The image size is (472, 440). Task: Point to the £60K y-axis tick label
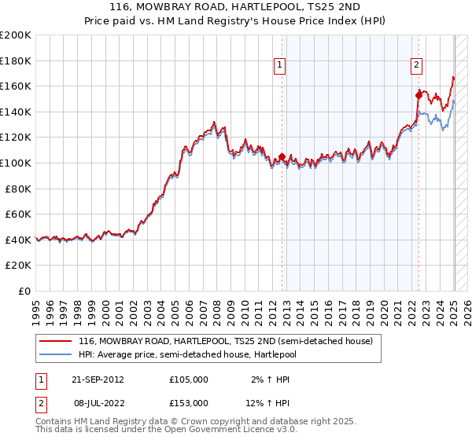18,214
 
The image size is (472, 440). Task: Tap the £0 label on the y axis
25,291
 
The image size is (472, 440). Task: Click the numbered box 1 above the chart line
280,66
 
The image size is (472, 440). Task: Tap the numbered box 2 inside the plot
416,66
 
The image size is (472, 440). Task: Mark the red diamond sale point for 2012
282,156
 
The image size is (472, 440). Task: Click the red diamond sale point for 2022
419,95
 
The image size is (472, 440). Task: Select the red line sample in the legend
56,341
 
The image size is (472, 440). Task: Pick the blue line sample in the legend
56,354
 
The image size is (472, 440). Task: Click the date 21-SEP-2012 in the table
98,379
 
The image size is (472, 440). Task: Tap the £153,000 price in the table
189,403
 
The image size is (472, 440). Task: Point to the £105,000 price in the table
189,379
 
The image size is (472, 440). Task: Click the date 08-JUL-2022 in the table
98,403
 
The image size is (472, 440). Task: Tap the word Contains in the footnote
54,421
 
